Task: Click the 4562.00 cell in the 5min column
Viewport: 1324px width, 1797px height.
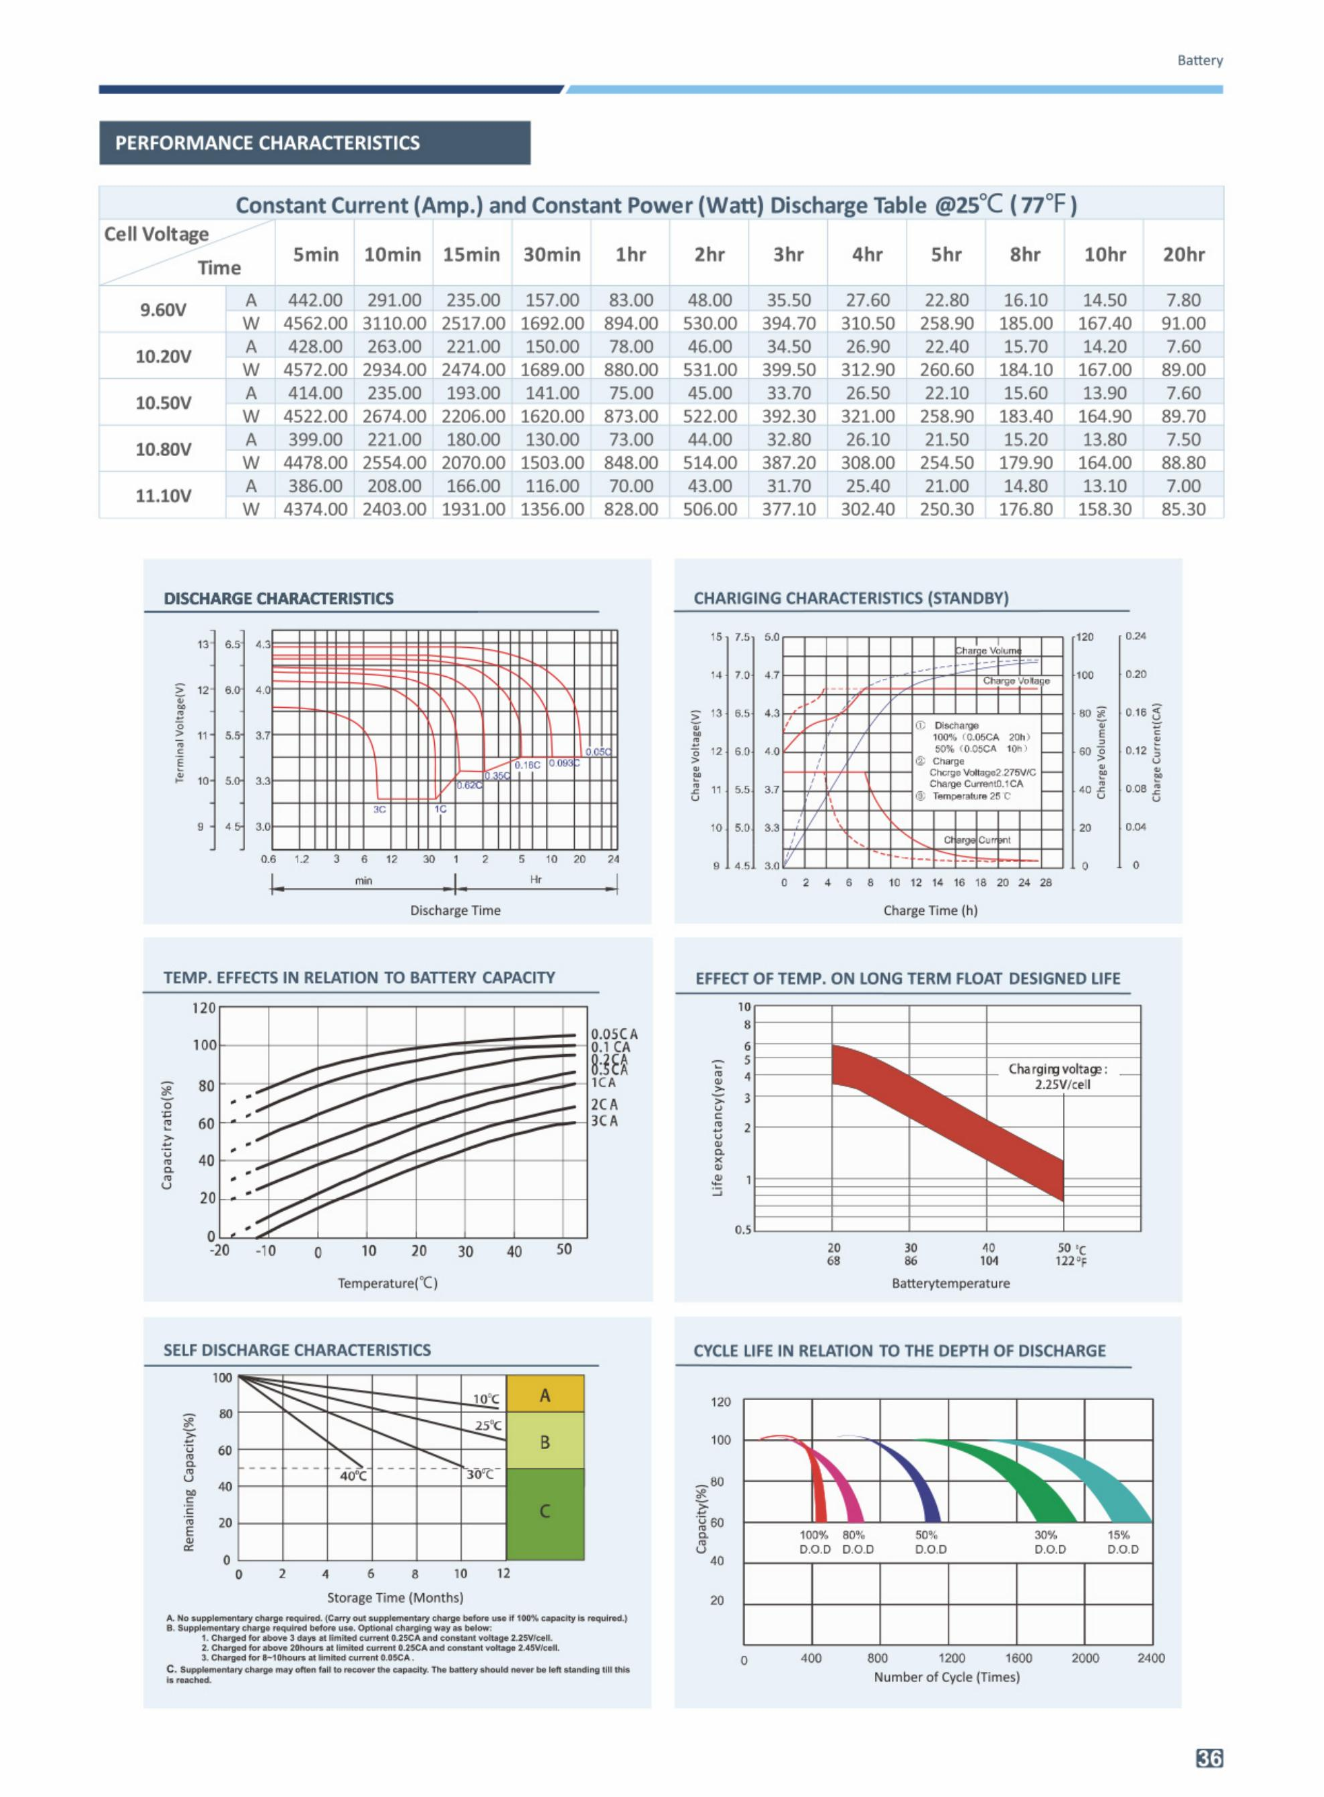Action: tap(315, 323)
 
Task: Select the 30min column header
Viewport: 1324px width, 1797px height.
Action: tap(551, 255)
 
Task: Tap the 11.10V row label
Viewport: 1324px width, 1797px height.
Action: tap(163, 495)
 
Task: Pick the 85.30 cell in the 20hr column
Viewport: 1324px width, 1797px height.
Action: tap(1183, 509)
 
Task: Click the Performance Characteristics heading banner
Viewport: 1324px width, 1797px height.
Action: tap(314, 143)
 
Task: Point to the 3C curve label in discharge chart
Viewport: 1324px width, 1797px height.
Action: tap(380, 809)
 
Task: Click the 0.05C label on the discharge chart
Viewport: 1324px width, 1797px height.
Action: tap(598, 751)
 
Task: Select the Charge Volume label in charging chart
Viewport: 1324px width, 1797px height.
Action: tap(988, 651)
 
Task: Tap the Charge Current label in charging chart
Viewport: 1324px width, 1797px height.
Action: tap(976, 840)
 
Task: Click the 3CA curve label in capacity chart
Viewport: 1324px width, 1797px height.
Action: tap(604, 1120)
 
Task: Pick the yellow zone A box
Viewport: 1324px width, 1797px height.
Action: tap(545, 1395)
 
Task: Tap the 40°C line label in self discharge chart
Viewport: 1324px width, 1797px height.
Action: tap(353, 1475)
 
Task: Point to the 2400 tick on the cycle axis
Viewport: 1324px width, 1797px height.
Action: tap(1151, 1658)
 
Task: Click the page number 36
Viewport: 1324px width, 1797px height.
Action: tap(1210, 1758)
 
